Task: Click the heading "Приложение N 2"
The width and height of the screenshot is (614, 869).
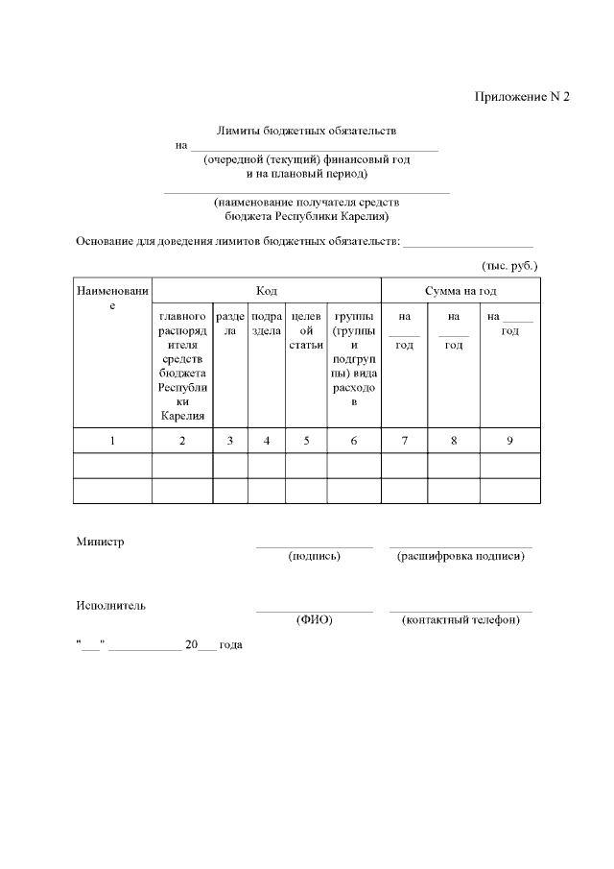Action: [x=522, y=97]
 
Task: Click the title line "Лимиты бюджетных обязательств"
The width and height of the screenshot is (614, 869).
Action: [x=307, y=131]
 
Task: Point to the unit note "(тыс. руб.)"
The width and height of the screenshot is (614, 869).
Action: [x=509, y=264]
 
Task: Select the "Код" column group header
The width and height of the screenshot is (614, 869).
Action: [x=267, y=291]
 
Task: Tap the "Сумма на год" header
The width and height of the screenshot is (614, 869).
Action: [x=460, y=291]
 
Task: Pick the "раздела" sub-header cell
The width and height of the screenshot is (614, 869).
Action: [x=230, y=324]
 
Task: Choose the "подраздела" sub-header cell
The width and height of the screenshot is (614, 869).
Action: [x=267, y=324]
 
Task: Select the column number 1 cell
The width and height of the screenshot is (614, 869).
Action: [x=112, y=441]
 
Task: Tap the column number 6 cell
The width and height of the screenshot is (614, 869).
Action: [x=354, y=441]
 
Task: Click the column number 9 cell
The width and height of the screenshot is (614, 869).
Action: [x=509, y=441]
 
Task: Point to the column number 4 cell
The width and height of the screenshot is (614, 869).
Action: [x=267, y=441]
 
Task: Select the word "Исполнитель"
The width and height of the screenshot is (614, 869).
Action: [x=111, y=606]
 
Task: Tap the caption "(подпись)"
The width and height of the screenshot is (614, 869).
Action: [x=314, y=556]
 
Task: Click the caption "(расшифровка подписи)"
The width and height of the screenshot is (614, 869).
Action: [x=460, y=556]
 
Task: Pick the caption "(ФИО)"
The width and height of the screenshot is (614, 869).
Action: [x=314, y=620]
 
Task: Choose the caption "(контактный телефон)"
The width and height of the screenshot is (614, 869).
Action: [x=460, y=620]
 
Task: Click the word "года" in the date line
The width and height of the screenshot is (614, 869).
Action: [x=231, y=645]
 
